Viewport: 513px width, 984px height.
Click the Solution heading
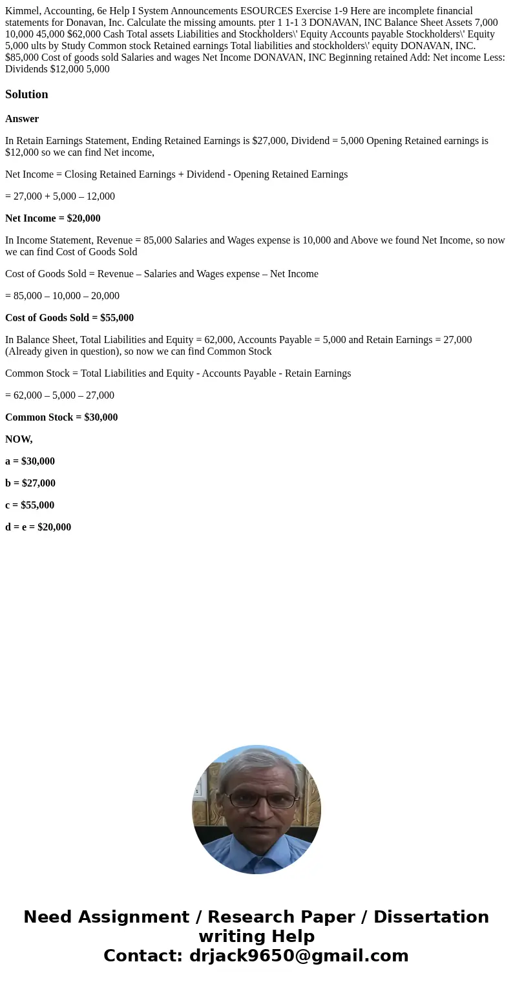(x=26, y=94)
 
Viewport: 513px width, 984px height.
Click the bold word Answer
(x=22, y=119)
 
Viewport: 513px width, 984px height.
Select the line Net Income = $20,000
(x=53, y=218)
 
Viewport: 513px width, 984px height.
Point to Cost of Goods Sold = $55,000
(x=69, y=318)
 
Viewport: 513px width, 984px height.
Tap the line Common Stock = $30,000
(x=61, y=417)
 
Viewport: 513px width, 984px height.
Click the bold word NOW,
(x=19, y=439)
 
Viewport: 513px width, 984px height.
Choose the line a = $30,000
(x=30, y=461)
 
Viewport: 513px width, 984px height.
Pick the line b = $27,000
(x=30, y=483)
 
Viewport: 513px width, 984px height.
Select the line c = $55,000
(x=30, y=505)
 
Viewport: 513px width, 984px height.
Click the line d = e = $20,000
(x=38, y=527)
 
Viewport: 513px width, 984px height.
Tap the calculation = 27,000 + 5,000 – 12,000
(x=60, y=196)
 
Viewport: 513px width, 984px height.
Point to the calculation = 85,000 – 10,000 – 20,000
(x=62, y=296)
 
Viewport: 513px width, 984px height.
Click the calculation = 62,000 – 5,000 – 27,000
(x=59, y=395)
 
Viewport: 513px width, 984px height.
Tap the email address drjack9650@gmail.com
(x=298, y=956)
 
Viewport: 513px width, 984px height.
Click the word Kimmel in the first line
(x=21, y=11)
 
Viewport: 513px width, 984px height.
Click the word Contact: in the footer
(x=143, y=956)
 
